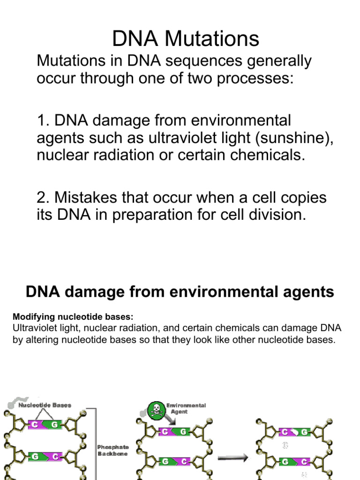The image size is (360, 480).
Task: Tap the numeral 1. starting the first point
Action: [43, 120]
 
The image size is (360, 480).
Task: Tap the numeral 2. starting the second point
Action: [43, 198]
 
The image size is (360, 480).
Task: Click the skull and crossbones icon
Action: [157, 411]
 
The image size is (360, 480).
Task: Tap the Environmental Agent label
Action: [186, 408]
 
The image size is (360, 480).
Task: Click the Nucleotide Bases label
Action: [45, 405]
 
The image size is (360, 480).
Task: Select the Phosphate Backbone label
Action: [113, 450]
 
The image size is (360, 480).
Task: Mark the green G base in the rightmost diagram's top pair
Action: [305, 432]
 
